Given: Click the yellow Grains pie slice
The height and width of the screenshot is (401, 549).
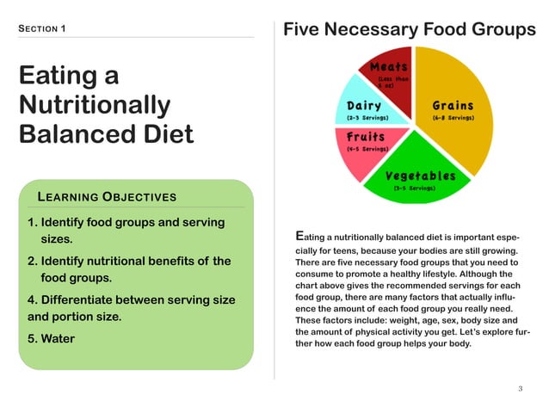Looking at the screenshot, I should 465,129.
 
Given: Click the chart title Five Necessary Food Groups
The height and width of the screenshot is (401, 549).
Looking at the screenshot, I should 410,30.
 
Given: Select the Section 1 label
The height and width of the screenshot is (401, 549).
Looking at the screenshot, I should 42,29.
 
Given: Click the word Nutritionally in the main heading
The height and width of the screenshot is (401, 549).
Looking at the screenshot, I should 95,106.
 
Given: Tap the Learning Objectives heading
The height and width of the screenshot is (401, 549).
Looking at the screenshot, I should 108,196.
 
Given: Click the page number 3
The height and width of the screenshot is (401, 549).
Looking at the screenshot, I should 521,388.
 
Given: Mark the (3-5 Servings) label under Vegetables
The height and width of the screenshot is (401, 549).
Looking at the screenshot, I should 413,188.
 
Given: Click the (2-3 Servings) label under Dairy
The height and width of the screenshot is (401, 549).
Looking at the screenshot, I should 367,117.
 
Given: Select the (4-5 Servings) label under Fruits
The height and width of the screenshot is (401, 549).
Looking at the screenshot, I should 367,149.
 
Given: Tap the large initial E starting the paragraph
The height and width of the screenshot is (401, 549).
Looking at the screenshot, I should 299,235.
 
